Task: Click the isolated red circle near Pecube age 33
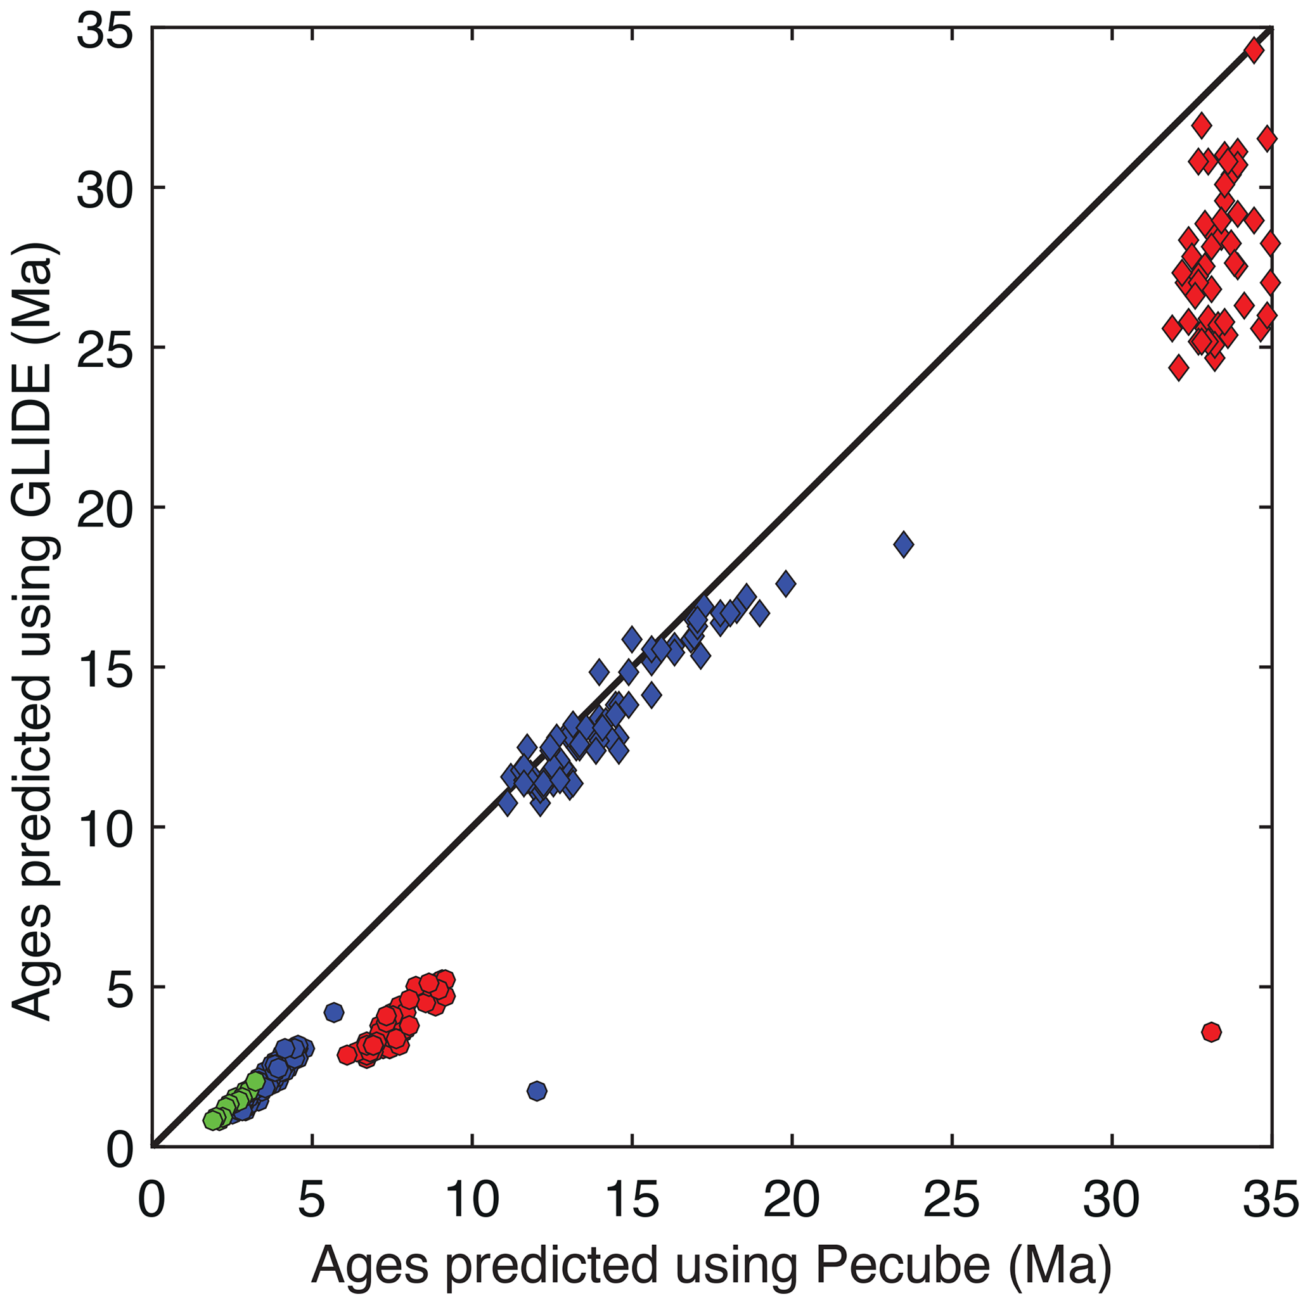coord(1211,1032)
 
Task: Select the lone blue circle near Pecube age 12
coord(537,1091)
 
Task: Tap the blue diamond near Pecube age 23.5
coord(903,544)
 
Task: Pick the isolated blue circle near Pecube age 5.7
coord(333,1013)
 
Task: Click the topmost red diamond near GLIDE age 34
coord(1254,51)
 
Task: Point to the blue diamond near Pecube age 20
coord(786,583)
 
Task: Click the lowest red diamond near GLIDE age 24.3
coord(1178,369)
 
